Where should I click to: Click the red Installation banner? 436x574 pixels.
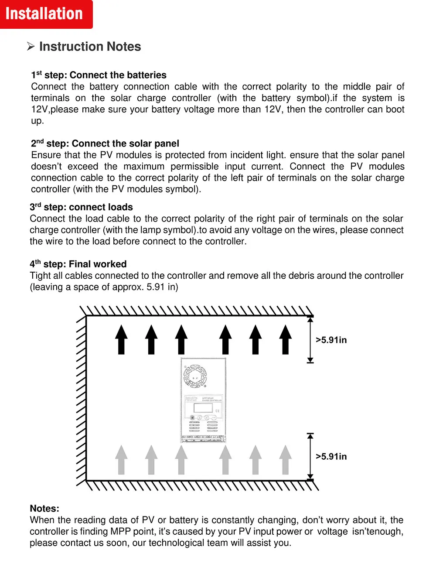(x=45, y=14)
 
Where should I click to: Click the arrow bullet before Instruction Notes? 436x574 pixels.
(x=31, y=46)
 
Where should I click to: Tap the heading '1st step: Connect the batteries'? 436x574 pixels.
(x=99, y=75)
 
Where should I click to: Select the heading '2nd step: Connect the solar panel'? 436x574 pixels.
(x=105, y=143)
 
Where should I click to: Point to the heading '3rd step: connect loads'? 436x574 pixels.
(x=81, y=207)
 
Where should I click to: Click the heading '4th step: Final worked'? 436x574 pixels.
(x=78, y=264)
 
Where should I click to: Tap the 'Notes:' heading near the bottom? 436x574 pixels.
(x=44, y=509)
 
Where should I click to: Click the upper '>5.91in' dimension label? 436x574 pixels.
(x=331, y=340)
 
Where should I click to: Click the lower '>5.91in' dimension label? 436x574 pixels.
(x=331, y=457)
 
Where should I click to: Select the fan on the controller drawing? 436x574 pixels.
(x=195, y=376)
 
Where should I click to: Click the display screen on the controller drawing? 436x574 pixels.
(x=203, y=408)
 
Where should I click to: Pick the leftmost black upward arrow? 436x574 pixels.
(x=122, y=339)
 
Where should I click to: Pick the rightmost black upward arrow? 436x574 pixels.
(x=286, y=339)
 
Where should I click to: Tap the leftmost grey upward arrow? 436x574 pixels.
(x=122, y=460)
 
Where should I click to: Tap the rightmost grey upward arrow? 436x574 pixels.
(x=286, y=460)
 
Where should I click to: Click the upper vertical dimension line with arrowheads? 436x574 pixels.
(x=310, y=340)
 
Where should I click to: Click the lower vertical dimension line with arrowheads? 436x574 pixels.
(x=310, y=457)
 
